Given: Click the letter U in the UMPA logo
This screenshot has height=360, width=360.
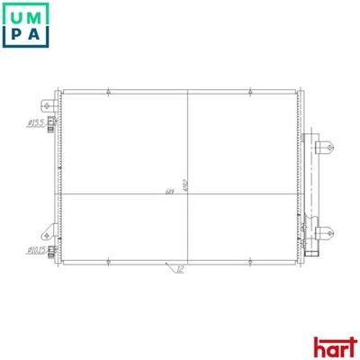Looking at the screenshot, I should point(16,15).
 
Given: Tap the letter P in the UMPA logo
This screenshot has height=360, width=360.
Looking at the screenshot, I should point(16,37).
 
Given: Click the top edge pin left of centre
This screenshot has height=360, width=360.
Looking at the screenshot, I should point(108,89).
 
